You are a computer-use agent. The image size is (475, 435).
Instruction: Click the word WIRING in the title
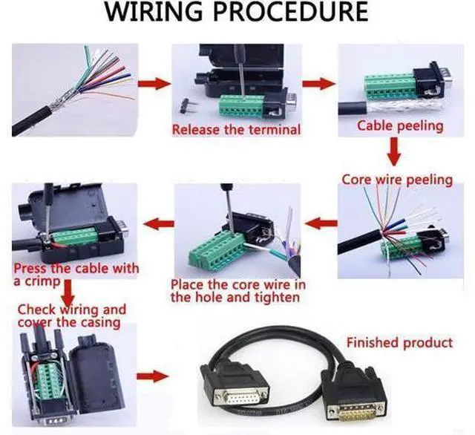pos(154,12)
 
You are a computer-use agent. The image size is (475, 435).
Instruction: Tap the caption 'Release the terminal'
pos(236,130)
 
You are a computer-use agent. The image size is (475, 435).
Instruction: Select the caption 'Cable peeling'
pos(400,125)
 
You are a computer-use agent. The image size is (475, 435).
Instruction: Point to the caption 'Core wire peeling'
pos(397,180)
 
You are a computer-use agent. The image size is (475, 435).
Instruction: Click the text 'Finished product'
pos(399,343)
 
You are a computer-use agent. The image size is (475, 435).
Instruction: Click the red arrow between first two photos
pos(154,83)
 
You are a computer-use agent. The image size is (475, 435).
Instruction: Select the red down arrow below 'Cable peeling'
pos(394,151)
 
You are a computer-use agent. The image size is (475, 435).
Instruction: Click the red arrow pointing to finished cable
pos(152,376)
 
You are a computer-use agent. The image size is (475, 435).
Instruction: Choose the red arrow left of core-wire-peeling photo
pos(321,223)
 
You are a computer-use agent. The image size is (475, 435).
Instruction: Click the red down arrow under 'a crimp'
pos(69,292)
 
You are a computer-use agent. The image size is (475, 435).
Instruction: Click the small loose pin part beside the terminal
pos(186,105)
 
